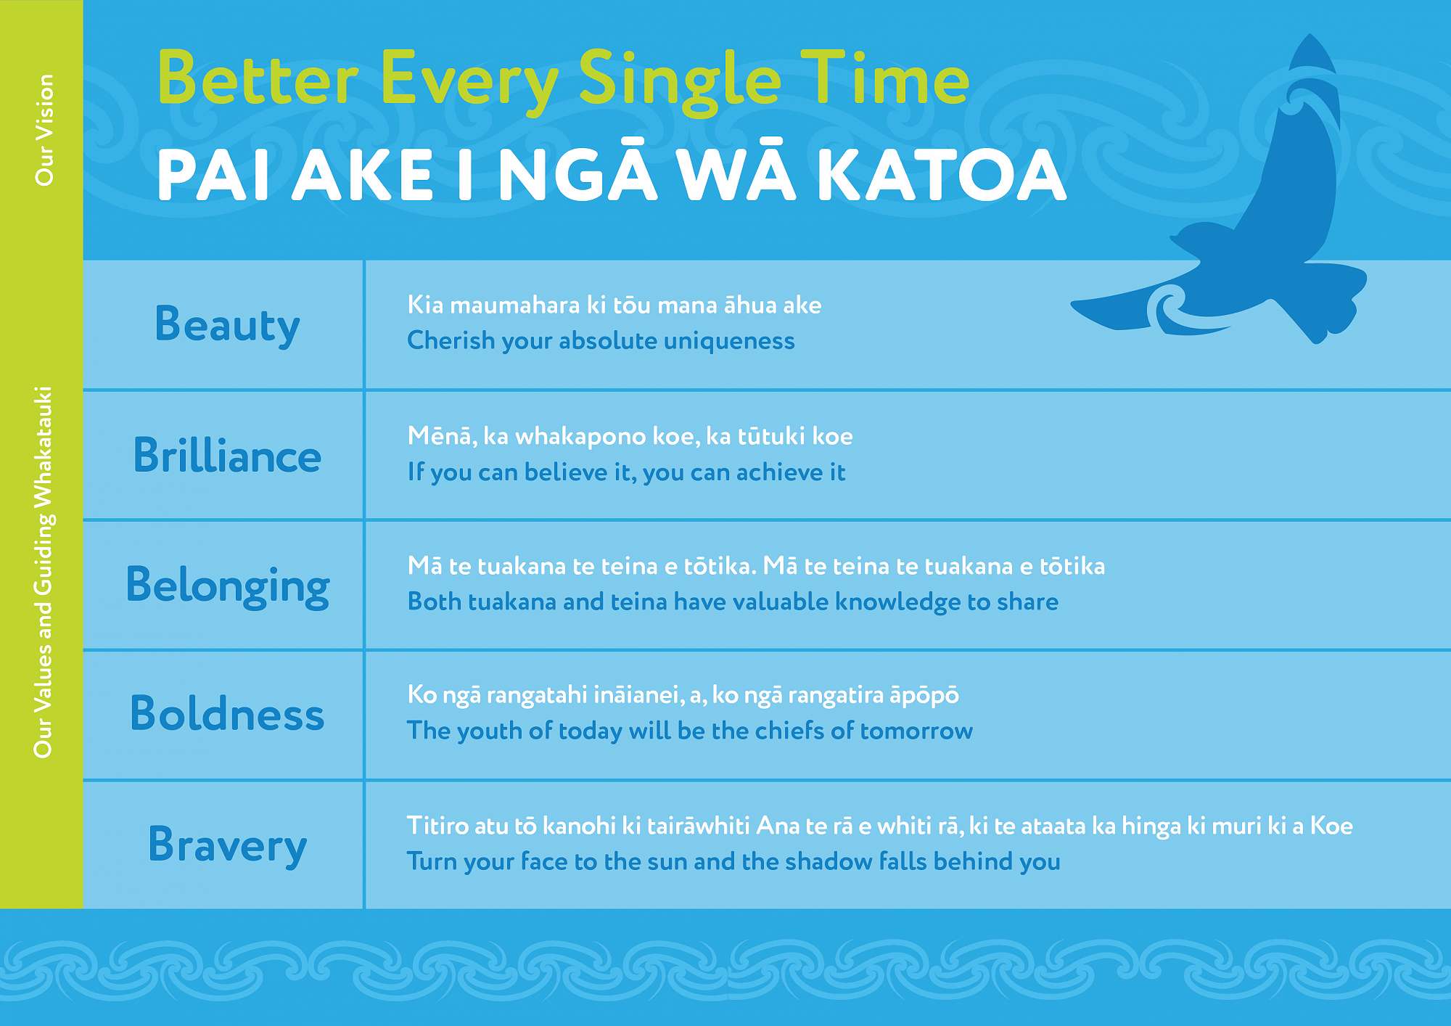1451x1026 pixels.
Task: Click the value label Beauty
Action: click(x=227, y=325)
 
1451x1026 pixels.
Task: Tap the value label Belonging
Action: click(x=228, y=586)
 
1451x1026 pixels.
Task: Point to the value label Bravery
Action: click(x=228, y=845)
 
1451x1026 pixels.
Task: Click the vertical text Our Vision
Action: click(x=44, y=130)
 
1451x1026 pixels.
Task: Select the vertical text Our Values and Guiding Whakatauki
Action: click(x=44, y=572)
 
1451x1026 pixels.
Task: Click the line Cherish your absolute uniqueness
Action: click(x=601, y=340)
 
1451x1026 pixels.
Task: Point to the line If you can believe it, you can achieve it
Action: click(x=626, y=472)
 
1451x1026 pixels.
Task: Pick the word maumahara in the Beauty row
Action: click(x=514, y=305)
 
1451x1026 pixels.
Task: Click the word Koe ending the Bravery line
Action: click(x=1331, y=826)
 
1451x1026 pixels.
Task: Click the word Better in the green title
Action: click(x=258, y=78)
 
